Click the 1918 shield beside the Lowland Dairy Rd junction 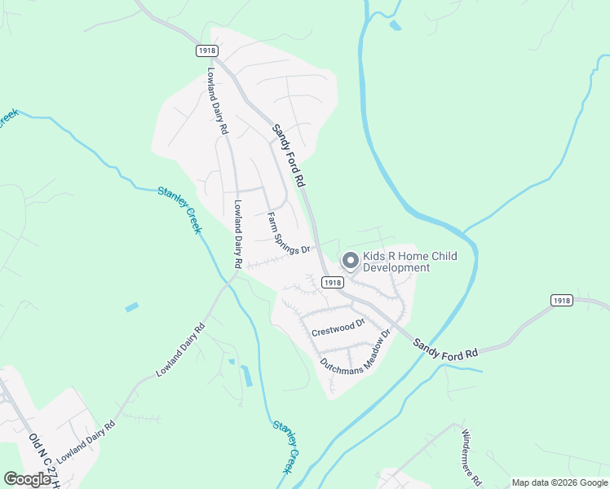click(x=207, y=51)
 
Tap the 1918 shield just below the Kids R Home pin click(x=331, y=282)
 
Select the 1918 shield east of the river click(x=562, y=300)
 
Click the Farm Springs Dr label click(x=290, y=235)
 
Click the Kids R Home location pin click(x=351, y=261)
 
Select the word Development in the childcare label click(x=396, y=268)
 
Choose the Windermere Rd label click(x=472, y=456)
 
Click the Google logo click(x=27, y=479)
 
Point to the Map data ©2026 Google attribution click(x=559, y=482)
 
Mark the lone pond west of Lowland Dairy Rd click(x=132, y=307)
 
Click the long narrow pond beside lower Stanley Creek click(x=246, y=376)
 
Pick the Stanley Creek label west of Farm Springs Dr click(x=181, y=209)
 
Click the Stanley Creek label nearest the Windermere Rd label click(x=287, y=447)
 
